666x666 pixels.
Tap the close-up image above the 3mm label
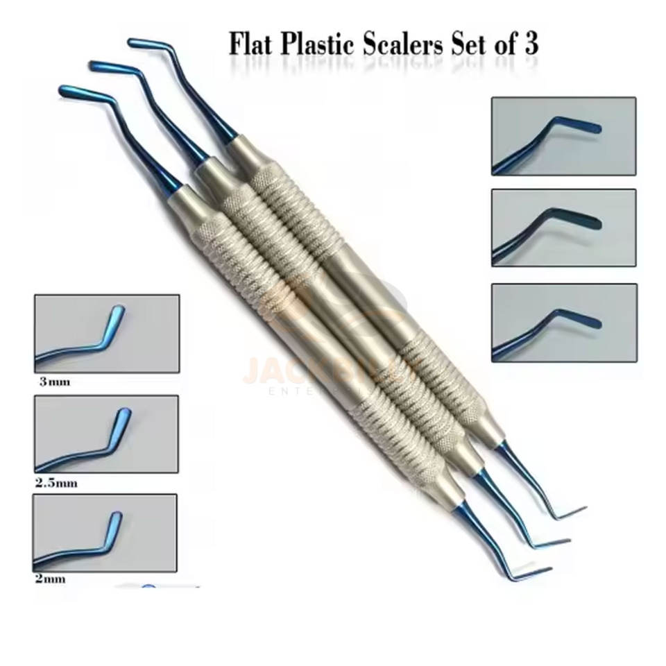[x=107, y=333]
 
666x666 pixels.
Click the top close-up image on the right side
[x=563, y=135]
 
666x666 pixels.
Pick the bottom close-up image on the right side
[x=564, y=322]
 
